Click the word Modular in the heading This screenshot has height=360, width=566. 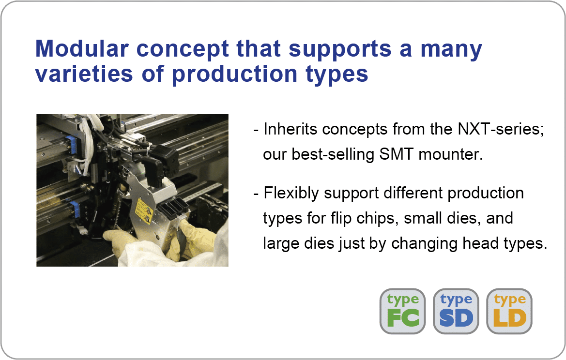(x=82, y=48)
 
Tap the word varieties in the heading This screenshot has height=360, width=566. (x=84, y=74)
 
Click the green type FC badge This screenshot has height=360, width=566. (x=402, y=311)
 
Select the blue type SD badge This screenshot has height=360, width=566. (x=456, y=311)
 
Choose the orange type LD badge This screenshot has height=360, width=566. (x=509, y=311)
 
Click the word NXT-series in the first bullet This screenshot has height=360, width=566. (x=501, y=129)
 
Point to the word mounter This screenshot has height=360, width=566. (x=450, y=154)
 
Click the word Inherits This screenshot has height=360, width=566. (x=290, y=129)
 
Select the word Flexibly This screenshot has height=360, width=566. (x=291, y=194)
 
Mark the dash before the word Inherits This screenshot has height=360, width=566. (x=256, y=130)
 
